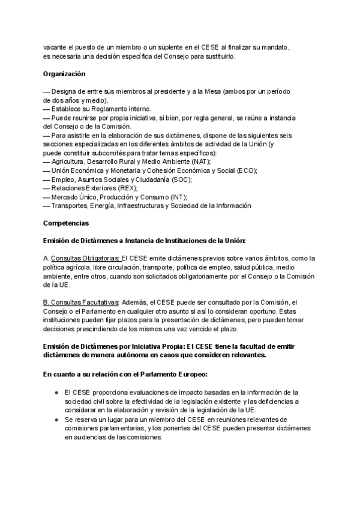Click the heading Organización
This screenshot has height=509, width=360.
click(64, 74)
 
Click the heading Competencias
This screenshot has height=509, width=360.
click(66, 223)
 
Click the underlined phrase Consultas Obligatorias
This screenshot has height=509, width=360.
click(85, 259)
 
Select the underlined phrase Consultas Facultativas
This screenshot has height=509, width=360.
click(85, 303)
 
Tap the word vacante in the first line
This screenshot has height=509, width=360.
click(55, 47)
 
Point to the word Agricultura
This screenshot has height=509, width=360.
click(70, 161)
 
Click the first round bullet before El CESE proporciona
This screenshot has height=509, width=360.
click(55, 392)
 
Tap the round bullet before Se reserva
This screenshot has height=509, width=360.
click(55, 418)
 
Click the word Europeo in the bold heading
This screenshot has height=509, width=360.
click(189, 374)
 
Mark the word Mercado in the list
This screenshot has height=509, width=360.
click(66, 197)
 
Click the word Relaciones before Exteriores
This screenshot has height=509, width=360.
click(70, 188)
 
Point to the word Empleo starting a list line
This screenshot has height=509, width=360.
click(64, 179)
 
